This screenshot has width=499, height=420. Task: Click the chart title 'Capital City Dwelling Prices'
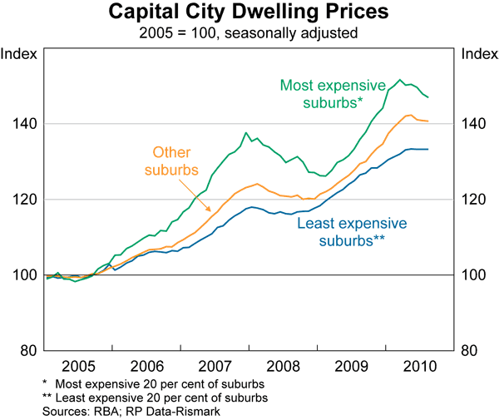tap(249, 15)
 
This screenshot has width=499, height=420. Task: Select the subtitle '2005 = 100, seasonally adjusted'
tap(249, 34)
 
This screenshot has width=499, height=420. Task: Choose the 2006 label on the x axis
tap(146, 365)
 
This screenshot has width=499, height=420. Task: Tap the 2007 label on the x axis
tap(215, 365)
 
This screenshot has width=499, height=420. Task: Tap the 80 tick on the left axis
tap(25, 350)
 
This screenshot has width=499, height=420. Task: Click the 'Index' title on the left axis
tap(20, 55)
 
